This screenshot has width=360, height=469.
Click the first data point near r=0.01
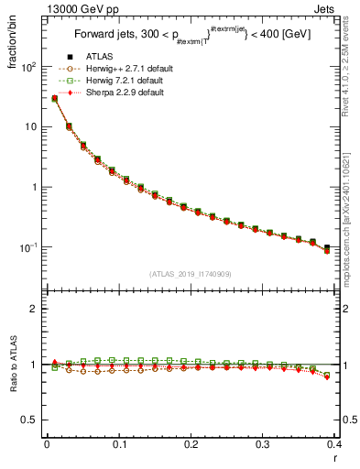click(55, 98)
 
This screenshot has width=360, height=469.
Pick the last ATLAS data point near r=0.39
click(327, 247)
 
